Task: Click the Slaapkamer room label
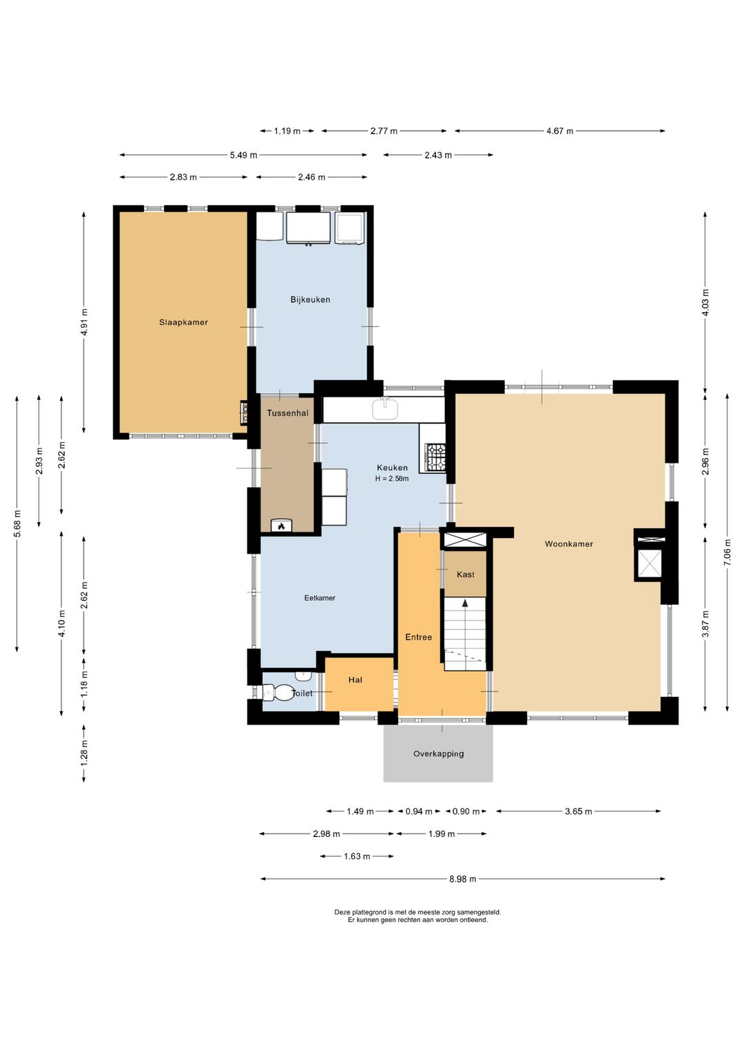183,322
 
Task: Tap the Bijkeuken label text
310,300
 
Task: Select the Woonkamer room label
568,544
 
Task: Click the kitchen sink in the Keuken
385,408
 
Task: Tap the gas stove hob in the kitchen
435,457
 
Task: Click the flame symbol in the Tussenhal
281,526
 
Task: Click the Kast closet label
465,574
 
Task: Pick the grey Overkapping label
438,753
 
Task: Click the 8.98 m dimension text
463,879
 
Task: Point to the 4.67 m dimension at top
559,131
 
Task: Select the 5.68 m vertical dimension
17,523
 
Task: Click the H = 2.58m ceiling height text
392,479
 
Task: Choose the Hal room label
355,680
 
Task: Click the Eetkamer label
320,598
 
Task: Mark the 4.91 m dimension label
84,322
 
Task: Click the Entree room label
419,636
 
